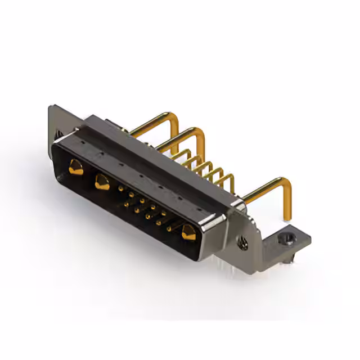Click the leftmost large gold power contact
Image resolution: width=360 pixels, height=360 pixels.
pos(75,166)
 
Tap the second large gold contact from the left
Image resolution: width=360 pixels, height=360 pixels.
pos(102,181)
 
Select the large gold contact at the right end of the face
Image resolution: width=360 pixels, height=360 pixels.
pos(188,231)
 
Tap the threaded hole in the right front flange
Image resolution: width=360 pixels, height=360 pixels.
pos(243,243)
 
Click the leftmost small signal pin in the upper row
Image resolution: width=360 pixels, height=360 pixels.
pos(121,190)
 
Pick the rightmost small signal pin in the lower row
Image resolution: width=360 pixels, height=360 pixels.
pos(168,228)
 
